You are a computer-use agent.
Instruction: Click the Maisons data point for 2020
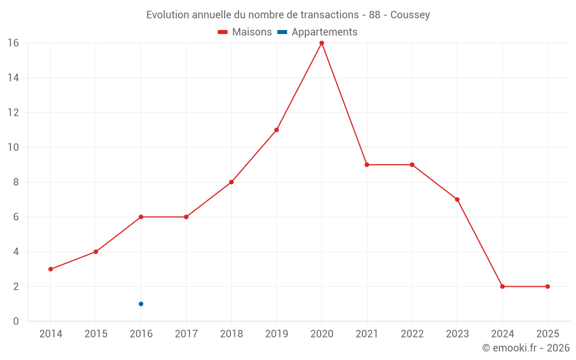point(321,43)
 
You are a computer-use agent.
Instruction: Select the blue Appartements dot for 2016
point(141,304)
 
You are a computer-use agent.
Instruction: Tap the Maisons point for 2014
point(51,269)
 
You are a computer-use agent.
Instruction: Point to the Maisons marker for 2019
point(276,130)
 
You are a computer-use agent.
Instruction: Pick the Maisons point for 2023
point(457,199)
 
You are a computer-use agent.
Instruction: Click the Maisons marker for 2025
point(547,286)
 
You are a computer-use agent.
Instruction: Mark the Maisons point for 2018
point(231,182)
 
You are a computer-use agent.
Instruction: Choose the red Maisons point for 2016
point(141,217)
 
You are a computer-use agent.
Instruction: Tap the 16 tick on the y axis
point(13,43)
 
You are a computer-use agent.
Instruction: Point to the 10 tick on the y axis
point(13,147)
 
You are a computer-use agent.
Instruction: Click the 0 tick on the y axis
point(16,321)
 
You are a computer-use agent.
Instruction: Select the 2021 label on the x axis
point(367,334)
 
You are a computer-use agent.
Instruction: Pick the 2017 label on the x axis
point(186,334)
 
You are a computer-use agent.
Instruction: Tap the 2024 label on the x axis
point(502,334)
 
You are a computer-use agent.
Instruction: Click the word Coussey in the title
point(410,15)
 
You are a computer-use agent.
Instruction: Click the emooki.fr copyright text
point(526,348)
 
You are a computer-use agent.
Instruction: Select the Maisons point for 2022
point(412,165)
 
